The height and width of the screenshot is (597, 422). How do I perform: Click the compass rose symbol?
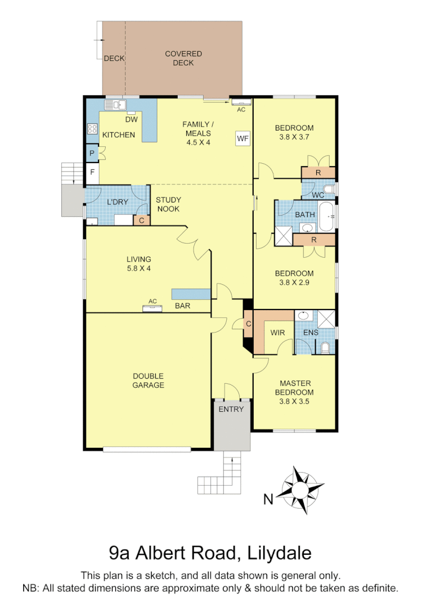(302, 489)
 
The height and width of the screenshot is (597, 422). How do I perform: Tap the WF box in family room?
(243, 138)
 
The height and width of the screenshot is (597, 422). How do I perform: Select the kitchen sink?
(114, 104)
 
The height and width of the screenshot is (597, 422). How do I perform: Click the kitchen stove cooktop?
(92, 129)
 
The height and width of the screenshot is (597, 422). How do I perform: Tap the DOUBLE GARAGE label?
(148, 380)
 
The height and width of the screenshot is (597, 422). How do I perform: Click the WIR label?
(277, 333)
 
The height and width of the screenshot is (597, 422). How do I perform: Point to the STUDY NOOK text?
(168, 204)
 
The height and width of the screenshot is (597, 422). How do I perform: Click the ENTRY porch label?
(231, 409)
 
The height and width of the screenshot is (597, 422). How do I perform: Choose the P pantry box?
(91, 152)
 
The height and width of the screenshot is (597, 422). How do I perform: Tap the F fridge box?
(91, 172)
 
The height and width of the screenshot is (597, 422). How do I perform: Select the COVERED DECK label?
(183, 59)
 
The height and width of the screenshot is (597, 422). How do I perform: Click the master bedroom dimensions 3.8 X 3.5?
(294, 402)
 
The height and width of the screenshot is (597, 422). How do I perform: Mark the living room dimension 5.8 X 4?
(138, 268)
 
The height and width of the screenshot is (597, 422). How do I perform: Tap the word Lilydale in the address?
(280, 553)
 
